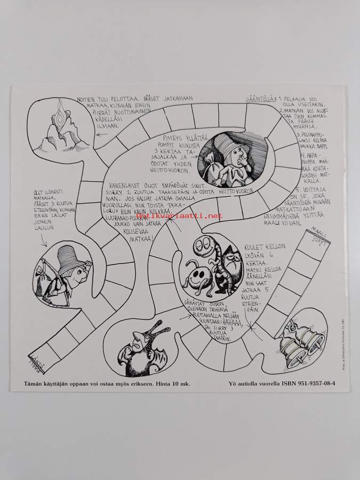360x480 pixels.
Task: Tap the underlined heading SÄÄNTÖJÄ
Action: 259,99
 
